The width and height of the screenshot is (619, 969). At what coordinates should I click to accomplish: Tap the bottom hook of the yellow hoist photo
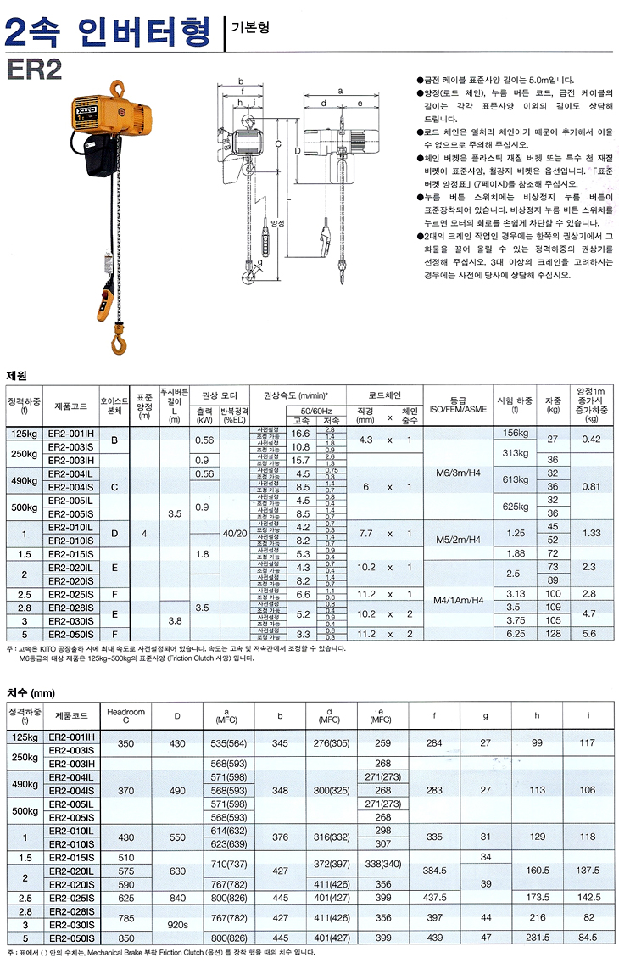pos(116,340)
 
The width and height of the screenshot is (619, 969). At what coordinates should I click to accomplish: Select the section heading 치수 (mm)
pos(30,692)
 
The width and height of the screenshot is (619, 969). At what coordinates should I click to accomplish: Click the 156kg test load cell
pos(516,432)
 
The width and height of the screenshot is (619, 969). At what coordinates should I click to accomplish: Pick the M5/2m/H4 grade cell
pos(459,539)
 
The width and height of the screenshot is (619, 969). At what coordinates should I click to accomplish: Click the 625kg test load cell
pos(516,507)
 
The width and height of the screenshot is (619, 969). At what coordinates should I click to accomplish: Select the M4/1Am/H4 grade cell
pos(459,600)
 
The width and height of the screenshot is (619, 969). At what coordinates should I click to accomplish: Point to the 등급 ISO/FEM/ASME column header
pos(459,402)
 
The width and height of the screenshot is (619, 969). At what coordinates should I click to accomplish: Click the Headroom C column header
pos(126,716)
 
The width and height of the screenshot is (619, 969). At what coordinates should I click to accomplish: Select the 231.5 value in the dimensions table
pos(537,937)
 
